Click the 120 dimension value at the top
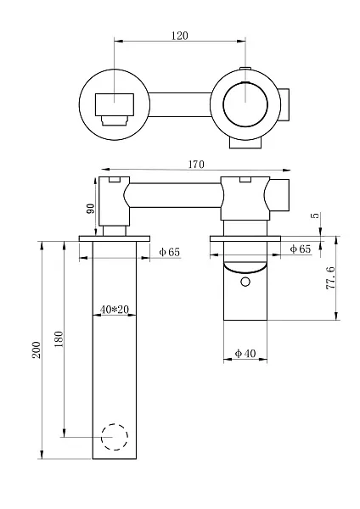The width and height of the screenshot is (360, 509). (x=180, y=36)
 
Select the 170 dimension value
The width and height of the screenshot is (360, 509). (x=196, y=165)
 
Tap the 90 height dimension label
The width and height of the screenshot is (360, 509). (x=91, y=208)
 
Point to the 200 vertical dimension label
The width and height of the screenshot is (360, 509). (x=37, y=350)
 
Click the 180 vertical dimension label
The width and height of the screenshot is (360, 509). (x=59, y=338)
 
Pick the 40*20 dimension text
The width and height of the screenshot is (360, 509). (x=115, y=310)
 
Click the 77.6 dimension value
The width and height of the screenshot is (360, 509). (x=330, y=278)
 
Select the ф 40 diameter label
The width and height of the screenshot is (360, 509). (x=245, y=353)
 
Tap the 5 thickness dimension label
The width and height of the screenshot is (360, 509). (x=316, y=215)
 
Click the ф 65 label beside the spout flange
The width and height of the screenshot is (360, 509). (x=169, y=252)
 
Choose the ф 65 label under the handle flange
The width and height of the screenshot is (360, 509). (x=301, y=249)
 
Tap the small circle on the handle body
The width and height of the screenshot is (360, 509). (x=245, y=282)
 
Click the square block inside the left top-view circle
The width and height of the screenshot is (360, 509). (x=115, y=104)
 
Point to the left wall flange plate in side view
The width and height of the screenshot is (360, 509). (x=115, y=238)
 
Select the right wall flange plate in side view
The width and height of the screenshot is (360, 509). (x=245, y=238)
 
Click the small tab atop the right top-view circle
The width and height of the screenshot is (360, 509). (x=245, y=69)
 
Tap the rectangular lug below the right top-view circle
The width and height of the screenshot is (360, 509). (x=246, y=143)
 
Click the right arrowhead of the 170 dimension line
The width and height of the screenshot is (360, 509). (x=288, y=170)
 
